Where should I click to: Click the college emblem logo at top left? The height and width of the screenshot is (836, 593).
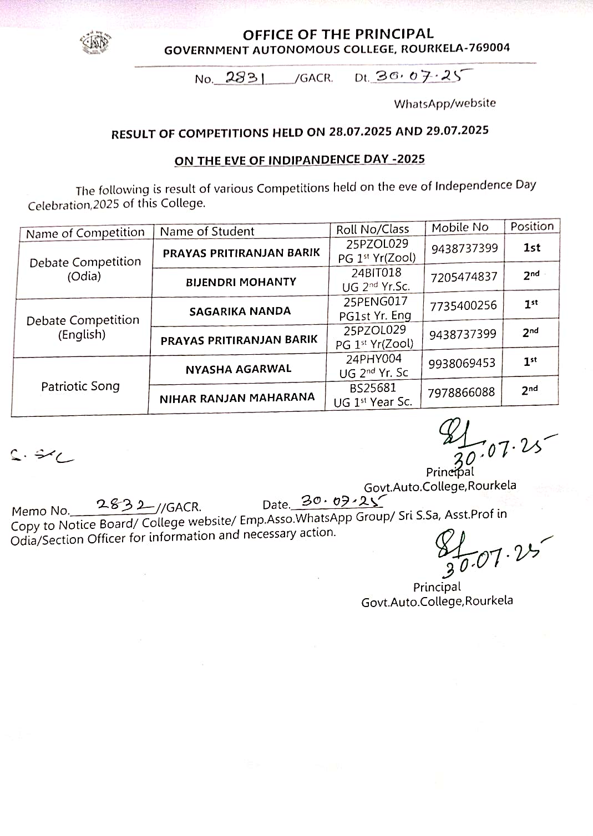tap(94, 43)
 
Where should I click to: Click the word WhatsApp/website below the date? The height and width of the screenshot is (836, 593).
tap(445, 104)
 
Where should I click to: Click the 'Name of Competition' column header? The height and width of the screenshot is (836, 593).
tap(85, 233)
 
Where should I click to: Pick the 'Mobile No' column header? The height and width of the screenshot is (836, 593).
tap(460, 227)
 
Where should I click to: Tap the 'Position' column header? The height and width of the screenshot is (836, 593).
tap(532, 226)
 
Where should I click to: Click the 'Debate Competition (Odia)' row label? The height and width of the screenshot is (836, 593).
tap(85, 269)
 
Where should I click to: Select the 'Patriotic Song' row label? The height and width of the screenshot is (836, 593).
tap(80, 386)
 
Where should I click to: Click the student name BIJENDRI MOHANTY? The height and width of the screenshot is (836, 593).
tap(241, 282)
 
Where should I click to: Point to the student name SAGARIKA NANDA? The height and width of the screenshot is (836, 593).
tap(240, 312)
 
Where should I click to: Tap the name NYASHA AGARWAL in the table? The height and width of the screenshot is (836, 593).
tap(239, 369)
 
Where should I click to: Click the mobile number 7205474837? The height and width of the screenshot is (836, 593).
tap(464, 277)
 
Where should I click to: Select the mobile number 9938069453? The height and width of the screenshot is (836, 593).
tap(462, 364)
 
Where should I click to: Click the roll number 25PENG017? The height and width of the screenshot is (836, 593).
tap(376, 302)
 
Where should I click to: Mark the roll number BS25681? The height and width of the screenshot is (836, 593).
tap(373, 388)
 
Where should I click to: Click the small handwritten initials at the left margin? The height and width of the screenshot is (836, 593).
tap(42, 456)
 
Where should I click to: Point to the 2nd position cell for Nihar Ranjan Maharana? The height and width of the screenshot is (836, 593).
tap(529, 390)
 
